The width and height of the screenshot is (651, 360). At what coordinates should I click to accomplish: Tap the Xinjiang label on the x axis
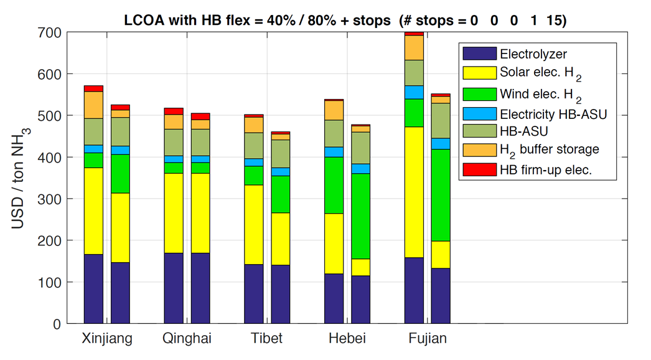pos(107,339)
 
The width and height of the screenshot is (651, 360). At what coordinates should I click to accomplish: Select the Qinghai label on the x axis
pos(187,339)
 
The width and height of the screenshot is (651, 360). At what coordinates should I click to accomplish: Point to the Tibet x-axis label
pos(267,339)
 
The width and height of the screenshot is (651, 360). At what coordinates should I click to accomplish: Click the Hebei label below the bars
pos(347,339)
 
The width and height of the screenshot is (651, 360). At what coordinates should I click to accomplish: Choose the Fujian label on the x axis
pos(427,339)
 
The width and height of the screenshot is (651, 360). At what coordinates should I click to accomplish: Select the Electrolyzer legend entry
pos(533,54)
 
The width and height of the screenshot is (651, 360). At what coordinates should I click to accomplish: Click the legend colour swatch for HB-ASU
pos(479,131)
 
